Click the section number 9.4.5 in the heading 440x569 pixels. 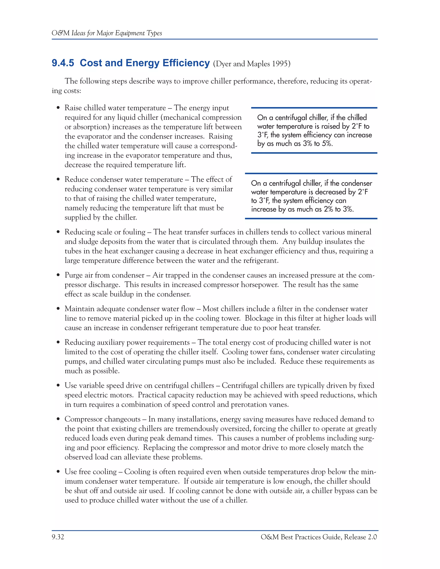click(63, 63)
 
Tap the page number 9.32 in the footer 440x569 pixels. click(58, 537)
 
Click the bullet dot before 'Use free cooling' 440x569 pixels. click(58, 472)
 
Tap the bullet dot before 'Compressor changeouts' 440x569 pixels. click(58, 419)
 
